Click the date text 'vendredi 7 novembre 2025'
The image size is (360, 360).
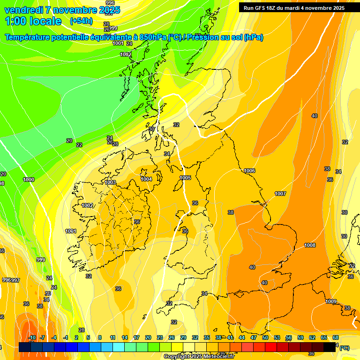coord(62,10)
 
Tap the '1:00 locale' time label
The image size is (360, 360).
coord(33,21)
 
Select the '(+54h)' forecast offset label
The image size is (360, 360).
coord(81,21)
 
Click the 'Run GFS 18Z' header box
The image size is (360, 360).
coord(294,8)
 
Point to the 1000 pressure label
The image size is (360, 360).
coord(29,180)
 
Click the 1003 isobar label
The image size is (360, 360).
coord(110,182)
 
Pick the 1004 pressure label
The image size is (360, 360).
coord(146,179)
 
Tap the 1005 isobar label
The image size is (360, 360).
coord(185,178)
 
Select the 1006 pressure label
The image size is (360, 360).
coord(249,171)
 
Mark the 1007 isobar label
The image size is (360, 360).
coord(280,194)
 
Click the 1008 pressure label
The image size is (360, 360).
coord(310,245)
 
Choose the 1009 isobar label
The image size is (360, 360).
coord(331,301)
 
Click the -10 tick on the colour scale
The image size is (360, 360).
coord(32,337)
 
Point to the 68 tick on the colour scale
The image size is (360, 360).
coord(336,337)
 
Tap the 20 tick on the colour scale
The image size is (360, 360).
coord(148,337)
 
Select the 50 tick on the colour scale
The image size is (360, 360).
coord(265,337)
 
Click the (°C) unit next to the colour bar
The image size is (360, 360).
coord(344,348)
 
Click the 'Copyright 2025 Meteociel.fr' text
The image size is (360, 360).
coord(199,356)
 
